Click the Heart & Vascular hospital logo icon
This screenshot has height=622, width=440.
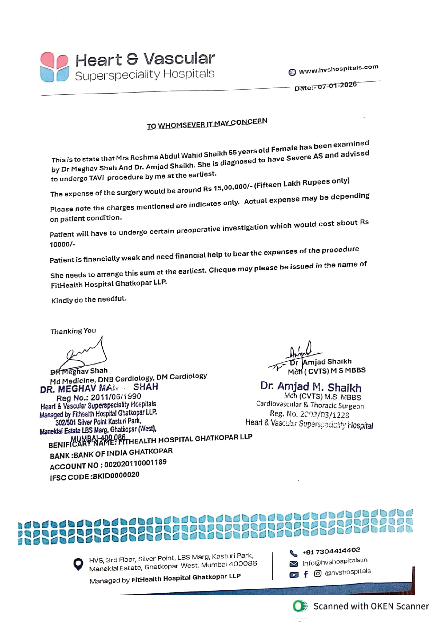[x=54, y=67]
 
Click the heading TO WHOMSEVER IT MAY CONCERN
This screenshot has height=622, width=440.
[x=207, y=124]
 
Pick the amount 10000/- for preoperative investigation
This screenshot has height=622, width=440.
[x=62, y=244]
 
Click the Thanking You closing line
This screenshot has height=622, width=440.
[x=73, y=331]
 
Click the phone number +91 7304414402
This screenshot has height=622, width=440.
[x=331, y=551]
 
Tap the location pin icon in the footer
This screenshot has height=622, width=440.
[x=78, y=564]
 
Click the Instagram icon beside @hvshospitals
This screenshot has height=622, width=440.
[x=317, y=574]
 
